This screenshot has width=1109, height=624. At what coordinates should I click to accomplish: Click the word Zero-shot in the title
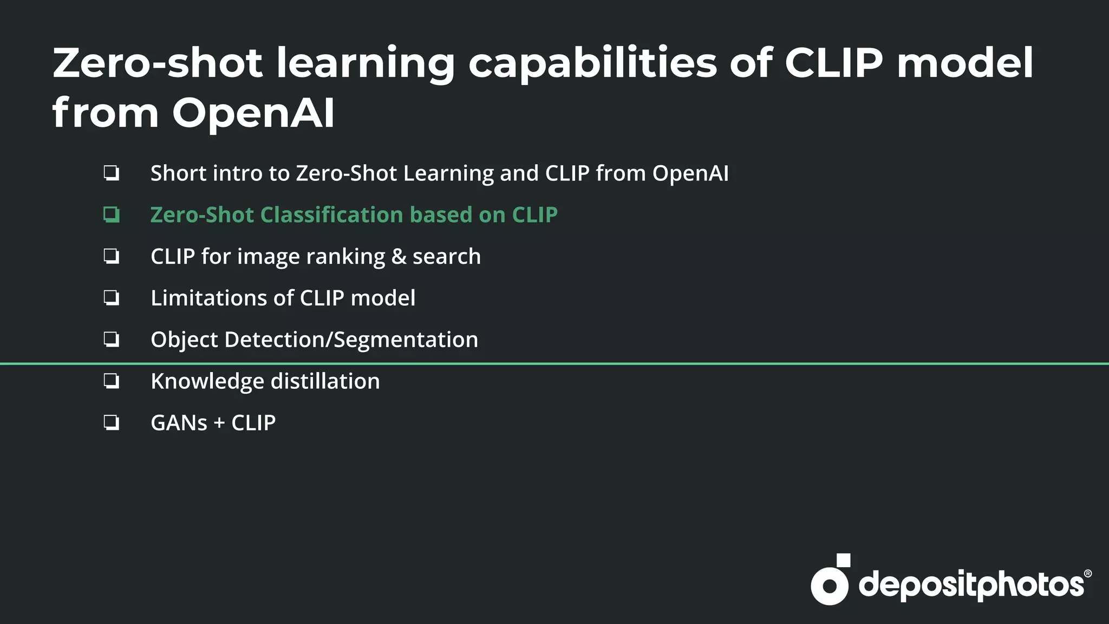(x=157, y=63)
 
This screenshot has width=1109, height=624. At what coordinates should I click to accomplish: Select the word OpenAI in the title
(x=253, y=113)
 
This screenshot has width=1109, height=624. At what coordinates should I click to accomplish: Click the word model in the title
(x=964, y=63)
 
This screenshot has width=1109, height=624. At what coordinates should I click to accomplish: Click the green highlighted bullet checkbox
(x=112, y=215)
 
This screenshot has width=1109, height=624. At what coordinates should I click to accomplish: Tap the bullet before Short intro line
(x=112, y=173)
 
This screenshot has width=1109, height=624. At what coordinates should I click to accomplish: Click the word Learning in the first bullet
(x=448, y=173)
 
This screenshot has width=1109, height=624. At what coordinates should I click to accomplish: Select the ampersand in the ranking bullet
(x=399, y=257)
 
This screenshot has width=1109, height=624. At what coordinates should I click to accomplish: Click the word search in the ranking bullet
(x=446, y=257)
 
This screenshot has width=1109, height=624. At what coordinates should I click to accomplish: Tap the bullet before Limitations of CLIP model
(x=112, y=298)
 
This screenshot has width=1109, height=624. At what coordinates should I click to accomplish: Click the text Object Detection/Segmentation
(x=314, y=340)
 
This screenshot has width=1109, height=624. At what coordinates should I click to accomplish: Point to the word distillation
(x=325, y=381)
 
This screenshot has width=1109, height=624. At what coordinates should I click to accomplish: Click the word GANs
(x=179, y=423)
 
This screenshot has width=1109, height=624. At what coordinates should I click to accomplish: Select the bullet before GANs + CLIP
(x=112, y=422)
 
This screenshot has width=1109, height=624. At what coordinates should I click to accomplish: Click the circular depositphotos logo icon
(x=829, y=585)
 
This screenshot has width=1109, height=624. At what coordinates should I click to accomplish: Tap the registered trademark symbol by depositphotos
(x=1087, y=574)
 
